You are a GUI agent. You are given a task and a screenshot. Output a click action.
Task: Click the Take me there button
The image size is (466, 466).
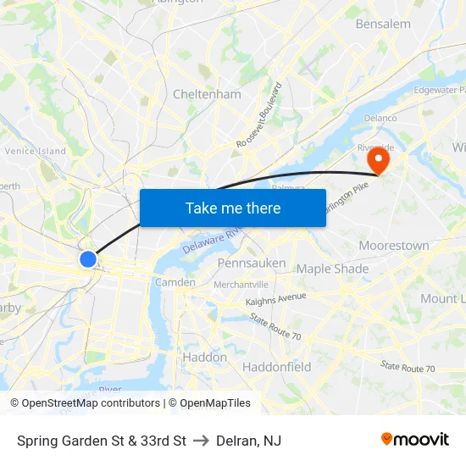[233, 208]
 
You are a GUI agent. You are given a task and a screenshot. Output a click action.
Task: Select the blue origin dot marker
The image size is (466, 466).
[88, 258]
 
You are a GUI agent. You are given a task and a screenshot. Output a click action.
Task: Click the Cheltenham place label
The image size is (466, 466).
[207, 94]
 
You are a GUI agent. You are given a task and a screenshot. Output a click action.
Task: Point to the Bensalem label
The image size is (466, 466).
[383, 24]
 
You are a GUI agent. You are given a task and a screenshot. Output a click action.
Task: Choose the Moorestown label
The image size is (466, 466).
[393, 245]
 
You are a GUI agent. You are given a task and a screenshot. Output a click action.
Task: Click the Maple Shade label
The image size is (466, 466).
[332, 269]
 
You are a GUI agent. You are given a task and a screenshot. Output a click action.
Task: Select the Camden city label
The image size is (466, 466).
[175, 282]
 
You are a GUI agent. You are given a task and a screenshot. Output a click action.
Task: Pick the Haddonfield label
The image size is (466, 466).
[276, 367]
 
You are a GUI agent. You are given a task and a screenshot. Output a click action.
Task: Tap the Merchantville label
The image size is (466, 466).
[241, 285]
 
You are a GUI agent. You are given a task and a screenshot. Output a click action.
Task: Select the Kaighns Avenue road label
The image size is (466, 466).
[275, 299]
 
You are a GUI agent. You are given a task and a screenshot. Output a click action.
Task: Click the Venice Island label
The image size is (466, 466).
[35, 151]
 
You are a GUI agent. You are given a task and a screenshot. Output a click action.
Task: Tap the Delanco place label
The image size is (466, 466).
[380, 119]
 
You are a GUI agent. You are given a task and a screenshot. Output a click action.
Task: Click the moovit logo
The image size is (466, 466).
[414, 439]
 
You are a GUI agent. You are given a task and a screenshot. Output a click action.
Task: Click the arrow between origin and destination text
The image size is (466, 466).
[201, 441]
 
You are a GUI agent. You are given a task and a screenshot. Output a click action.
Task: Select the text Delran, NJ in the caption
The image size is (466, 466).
[248, 441]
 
